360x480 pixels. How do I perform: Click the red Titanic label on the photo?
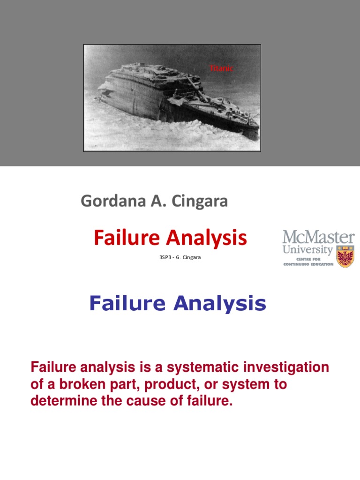point(220,68)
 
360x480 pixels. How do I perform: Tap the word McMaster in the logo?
point(318,237)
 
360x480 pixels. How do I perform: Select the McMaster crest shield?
point(346,255)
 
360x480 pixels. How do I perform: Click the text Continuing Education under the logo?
point(308,264)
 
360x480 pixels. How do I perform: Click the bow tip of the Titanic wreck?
point(257,127)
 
